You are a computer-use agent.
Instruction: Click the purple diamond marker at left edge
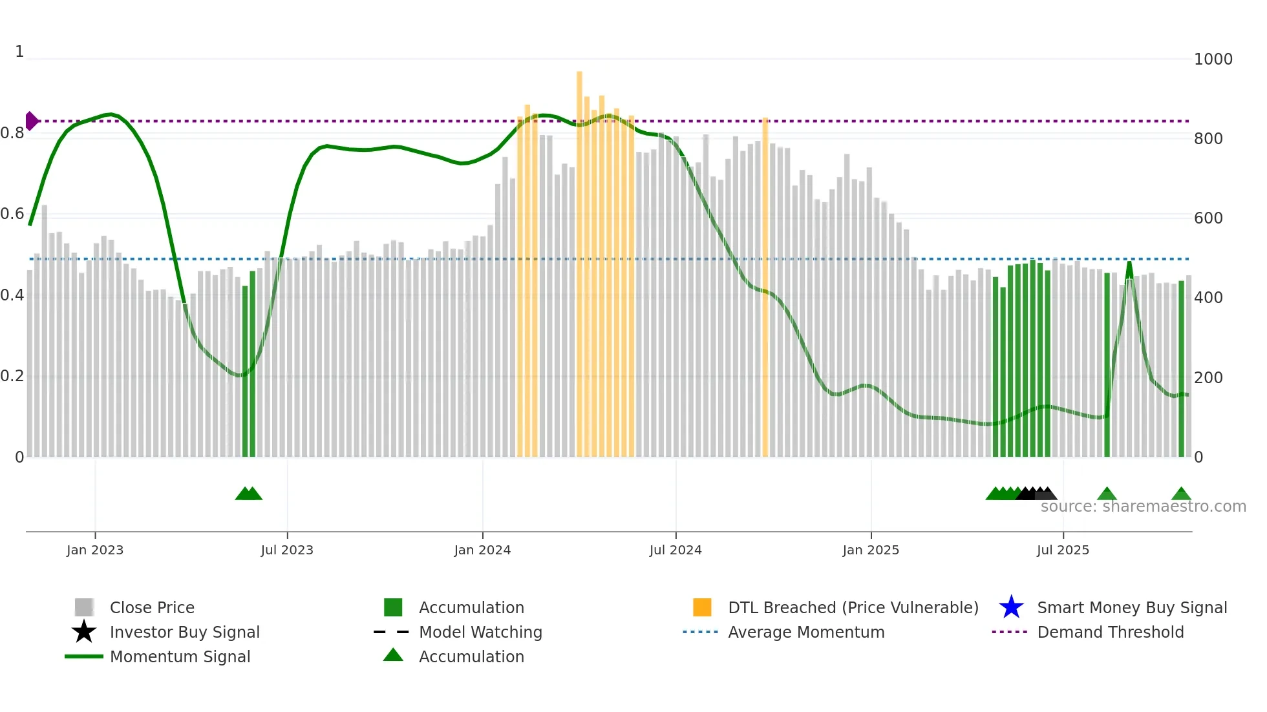31,121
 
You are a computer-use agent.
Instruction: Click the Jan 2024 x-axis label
482,550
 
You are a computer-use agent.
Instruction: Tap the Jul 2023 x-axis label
287,550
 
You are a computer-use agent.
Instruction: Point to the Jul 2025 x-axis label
1063,550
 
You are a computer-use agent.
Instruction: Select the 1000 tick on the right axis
1213,59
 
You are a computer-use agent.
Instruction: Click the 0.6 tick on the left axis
13,214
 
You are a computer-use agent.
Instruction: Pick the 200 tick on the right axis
1208,377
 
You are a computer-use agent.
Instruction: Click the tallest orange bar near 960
579,258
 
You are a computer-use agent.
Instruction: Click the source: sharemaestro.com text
1143,507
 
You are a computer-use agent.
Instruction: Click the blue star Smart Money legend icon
1011,607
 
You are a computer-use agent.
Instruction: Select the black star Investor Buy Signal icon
84,632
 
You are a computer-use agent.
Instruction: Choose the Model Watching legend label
480,632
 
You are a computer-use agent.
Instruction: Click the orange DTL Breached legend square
702,607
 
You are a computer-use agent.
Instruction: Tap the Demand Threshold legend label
1110,632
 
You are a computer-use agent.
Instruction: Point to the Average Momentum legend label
805,632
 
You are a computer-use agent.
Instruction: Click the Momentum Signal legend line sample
84,656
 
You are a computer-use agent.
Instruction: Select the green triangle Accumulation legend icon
393,655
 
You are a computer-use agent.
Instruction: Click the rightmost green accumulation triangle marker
1181,494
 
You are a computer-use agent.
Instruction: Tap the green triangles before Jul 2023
248,494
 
